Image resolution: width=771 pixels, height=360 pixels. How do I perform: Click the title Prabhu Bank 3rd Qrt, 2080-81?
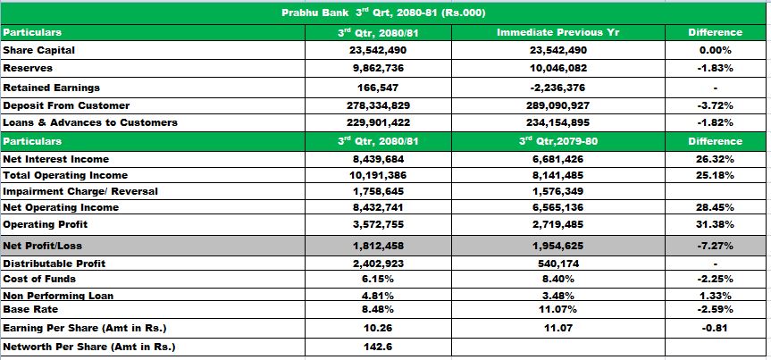[x=383, y=13]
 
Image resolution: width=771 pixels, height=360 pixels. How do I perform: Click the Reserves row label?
[x=28, y=68]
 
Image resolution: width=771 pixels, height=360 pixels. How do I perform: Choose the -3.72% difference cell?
[x=715, y=105]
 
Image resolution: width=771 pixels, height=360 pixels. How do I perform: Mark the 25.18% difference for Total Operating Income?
[x=715, y=175]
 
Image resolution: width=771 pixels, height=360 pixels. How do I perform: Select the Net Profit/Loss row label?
[x=42, y=245]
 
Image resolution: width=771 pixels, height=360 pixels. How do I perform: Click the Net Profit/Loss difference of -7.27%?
[x=715, y=245]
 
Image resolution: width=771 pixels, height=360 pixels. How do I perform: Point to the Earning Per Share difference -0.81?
[x=715, y=328]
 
